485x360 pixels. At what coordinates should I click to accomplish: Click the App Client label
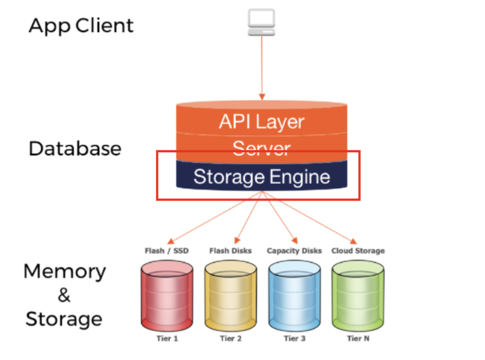tap(81, 26)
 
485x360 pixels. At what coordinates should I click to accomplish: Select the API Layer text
tap(261, 121)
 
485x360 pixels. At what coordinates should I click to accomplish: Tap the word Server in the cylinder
tap(261, 147)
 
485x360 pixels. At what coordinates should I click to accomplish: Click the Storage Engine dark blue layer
tap(261, 177)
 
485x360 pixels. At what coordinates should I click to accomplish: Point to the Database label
tap(75, 149)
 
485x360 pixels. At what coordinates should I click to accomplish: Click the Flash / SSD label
tap(167, 251)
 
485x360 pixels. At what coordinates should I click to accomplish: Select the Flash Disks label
tap(231, 251)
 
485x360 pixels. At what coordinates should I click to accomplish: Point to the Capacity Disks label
tap(294, 251)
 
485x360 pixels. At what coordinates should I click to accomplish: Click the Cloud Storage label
tap(358, 251)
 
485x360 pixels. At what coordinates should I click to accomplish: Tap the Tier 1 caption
tap(167, 339)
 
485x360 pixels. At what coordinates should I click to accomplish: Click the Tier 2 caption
tap(231, 339)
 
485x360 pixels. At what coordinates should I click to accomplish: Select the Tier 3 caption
tap(294, 339)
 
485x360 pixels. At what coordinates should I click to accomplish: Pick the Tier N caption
tap(357, 339)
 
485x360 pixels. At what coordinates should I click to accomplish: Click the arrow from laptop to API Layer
tap(261, 66)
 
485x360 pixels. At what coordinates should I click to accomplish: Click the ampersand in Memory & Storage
tap(64, 295)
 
